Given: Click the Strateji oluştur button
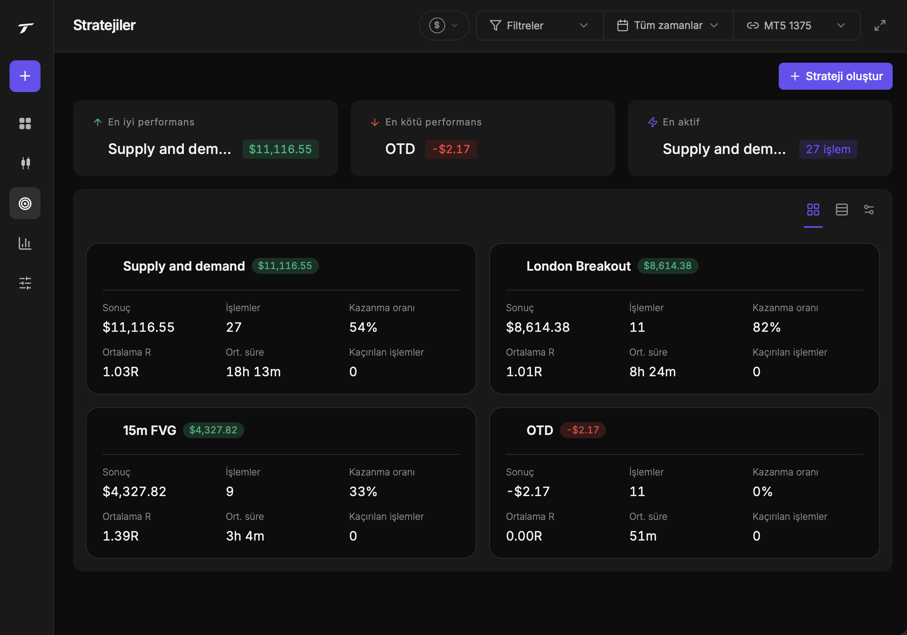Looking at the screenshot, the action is (835, 76).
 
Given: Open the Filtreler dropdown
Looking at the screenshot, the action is (539, 25).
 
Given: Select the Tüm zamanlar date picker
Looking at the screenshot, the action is (668, 25).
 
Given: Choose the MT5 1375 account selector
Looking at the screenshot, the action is (797, 25).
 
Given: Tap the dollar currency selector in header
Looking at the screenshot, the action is (444, 25).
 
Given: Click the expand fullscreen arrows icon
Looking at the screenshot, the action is (880, 25).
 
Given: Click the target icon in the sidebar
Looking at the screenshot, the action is (25, 203).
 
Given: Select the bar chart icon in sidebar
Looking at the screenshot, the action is (25, 243).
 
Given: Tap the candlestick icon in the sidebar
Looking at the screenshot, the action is (25, 163).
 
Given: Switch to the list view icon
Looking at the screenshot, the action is (841, 210).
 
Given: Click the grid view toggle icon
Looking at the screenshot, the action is (813, 210).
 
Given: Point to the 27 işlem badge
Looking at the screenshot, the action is (828, 149).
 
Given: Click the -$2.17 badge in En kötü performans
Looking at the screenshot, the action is (451, 149).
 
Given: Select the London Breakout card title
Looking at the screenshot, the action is (578, 266).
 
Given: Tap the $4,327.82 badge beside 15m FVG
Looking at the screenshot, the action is (213, 430).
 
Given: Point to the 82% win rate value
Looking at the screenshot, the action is (766, 327).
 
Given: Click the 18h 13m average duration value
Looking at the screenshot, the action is (253, 371).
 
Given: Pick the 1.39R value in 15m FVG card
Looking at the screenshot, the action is (121, 536).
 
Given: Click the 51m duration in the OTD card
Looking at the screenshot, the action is (643, 536).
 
